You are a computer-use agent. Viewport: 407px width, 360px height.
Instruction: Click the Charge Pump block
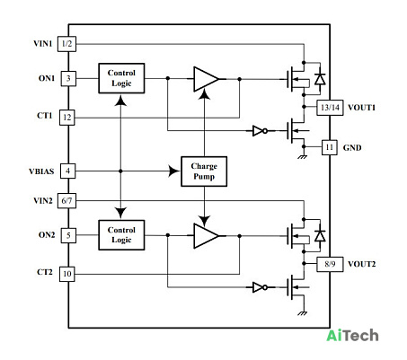pos(204,171)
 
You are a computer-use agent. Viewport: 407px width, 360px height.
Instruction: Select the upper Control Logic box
pos(121,78)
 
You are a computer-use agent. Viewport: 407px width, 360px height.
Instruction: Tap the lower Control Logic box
pos(121,235)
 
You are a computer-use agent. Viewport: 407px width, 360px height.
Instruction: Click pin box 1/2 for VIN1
pos(66,44)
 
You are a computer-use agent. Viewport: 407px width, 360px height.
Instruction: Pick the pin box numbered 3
pos(68,79)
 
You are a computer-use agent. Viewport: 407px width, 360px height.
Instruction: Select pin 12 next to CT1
pos(67,118)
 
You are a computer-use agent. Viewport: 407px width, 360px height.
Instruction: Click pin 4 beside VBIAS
pos(67,171)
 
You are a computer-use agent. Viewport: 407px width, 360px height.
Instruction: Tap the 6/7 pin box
pos(66,200)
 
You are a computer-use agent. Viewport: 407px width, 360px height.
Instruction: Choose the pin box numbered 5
pos(68,235)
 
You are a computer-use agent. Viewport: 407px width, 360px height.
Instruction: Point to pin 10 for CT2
pos(67,274)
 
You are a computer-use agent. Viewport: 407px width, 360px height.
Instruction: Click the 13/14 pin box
pos(330,108)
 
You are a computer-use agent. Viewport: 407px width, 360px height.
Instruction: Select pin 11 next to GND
pos(330,147)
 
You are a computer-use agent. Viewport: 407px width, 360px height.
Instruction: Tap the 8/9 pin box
pos(330,264)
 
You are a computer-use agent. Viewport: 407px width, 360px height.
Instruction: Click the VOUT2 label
pos(361,264)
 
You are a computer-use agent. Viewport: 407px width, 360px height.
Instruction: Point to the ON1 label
pos(47,78)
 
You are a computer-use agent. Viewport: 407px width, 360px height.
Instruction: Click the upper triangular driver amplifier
pos(207,79)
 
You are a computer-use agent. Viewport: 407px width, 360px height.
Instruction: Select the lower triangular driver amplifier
pos(207,236)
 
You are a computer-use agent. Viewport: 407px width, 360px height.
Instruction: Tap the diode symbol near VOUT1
pos(320,79)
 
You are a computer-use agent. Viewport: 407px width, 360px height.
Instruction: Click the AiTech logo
pos(352,336)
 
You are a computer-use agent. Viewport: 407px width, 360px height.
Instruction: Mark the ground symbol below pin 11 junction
pos(303,157)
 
